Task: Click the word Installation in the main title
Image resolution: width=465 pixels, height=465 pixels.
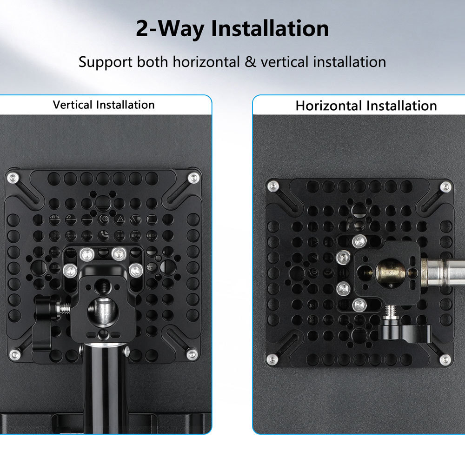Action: point(270,28)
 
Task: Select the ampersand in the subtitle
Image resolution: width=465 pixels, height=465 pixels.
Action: point(250,62)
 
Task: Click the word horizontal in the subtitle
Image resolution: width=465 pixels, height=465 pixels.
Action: point(206,62)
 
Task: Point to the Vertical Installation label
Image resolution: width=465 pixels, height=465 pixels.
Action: point(104,105)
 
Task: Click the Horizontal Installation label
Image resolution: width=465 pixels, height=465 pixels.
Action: point(366,106)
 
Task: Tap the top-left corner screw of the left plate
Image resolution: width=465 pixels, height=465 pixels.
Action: point(13,178)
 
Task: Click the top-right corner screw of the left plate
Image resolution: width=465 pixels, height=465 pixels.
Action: point(193,178)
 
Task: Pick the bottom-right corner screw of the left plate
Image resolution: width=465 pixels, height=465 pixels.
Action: point(192,354)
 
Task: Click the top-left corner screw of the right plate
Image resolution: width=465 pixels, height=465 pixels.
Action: point(273,186)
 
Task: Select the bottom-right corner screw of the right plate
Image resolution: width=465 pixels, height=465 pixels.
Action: point(445,360)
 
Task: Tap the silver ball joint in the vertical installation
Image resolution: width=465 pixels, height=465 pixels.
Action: point(103,313)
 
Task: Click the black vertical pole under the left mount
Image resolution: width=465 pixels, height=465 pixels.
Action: point(106,388)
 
